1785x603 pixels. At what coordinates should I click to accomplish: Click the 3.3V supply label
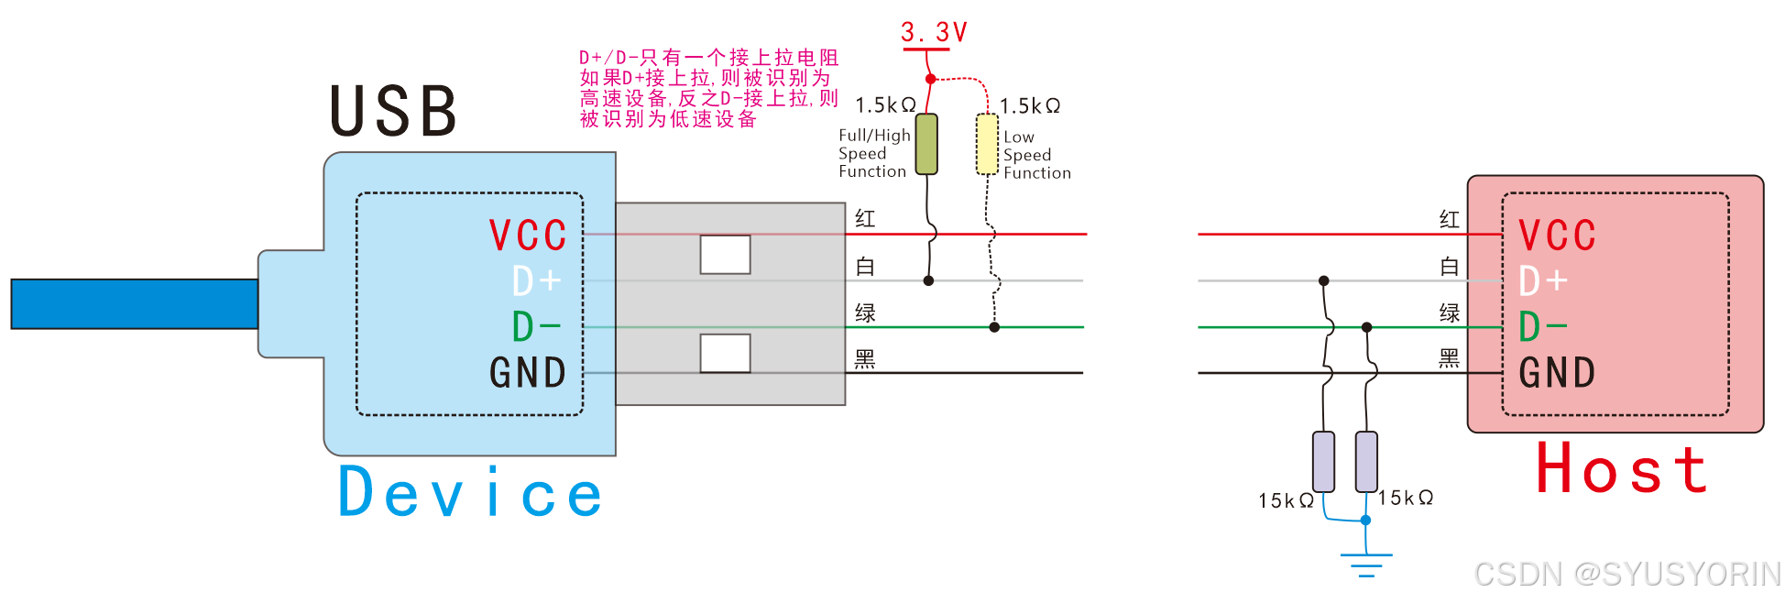[934, 33]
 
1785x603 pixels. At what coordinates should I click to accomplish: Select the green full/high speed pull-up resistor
[926, 144]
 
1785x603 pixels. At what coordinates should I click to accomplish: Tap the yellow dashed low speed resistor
[987, 144]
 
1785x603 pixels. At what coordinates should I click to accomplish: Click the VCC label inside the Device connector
[528, 236]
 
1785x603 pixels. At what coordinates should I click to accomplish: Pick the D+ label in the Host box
[1543, 281]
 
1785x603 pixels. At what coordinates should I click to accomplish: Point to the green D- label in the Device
[536, 327]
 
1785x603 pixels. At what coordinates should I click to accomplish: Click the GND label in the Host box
[1557, 373]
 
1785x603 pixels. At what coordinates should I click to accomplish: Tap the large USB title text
[394, 112]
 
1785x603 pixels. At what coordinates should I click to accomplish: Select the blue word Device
[470, 493]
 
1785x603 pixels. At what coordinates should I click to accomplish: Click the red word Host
[1621, 469]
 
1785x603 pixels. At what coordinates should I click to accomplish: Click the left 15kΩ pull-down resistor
[1323, 461]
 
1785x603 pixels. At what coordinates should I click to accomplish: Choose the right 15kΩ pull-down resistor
[1366, 461]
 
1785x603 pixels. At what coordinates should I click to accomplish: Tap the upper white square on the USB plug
[725, 255]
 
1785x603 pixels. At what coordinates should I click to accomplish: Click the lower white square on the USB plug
[725, 353]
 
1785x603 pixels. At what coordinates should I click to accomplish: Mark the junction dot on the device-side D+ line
[928, 281]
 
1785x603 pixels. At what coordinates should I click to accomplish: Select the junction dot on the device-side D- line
[994, 327]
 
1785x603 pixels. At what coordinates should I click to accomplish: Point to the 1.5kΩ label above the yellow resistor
[1030, 106]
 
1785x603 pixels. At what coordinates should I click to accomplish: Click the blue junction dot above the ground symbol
[1365, 521]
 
